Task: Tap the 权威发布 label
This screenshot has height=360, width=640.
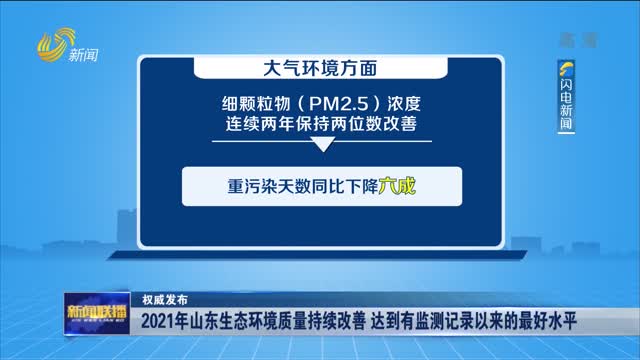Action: pos(164,298)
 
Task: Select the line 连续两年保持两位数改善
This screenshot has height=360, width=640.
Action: pos(320,125)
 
